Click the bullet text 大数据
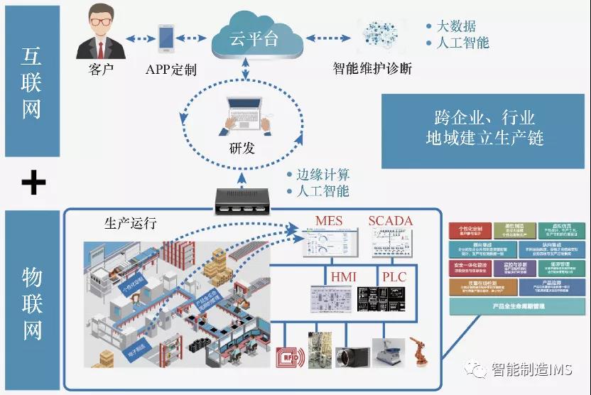tap(455, 26)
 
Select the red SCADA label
tap(390, 221)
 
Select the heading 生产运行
tap(130, 222)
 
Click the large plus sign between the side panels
tap(33, 183)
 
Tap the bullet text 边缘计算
tap(323, 175)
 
